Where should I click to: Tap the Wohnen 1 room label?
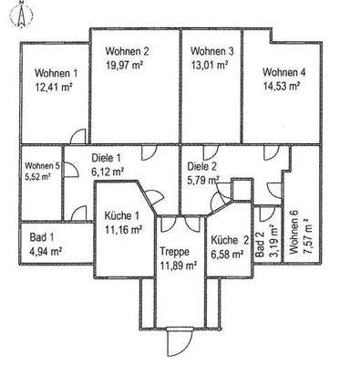[56, 73]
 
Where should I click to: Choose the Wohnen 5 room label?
[43, 165]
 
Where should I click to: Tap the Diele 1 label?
[108, 157]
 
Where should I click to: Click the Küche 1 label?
[122, 216]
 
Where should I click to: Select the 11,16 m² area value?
[122, 229]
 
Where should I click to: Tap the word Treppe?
[173, 252]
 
